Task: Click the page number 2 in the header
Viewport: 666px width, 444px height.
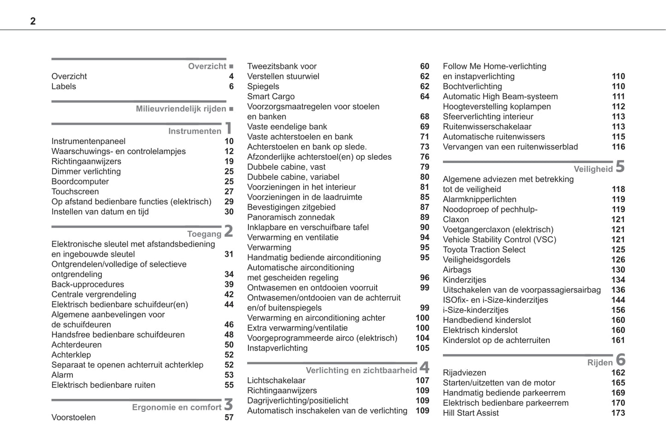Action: click(33, 21)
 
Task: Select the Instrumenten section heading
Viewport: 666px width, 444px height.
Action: click(194, 131)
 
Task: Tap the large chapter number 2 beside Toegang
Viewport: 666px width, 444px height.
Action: click(229, 231)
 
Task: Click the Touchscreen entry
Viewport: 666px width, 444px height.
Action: click(75, 192)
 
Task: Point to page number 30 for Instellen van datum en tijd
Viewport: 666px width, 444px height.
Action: click(229, 212)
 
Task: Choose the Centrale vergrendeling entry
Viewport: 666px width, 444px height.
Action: click(94, 295)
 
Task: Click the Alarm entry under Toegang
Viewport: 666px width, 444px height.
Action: click(62, 375)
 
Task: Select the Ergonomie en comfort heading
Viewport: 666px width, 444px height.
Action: click(177, 408)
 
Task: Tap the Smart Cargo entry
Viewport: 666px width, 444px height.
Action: click(271, 97)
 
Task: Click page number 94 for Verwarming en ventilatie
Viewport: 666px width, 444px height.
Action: click(424, 238)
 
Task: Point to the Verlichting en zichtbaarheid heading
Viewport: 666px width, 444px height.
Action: click(361, 370)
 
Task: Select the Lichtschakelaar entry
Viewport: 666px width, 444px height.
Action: click(276, 381)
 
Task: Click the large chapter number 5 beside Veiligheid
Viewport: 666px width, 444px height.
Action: click(620, 166)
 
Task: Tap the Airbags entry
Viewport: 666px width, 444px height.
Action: click(457, 270)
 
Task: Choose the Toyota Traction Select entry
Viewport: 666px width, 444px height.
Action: click(484, 250)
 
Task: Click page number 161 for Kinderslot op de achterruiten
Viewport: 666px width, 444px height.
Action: click(618, 340)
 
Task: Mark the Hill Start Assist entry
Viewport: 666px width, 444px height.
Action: click(471, 413)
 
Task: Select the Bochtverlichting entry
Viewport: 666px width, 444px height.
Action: click(472, 87)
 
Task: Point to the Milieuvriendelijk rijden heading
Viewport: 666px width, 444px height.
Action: click(181, 109)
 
